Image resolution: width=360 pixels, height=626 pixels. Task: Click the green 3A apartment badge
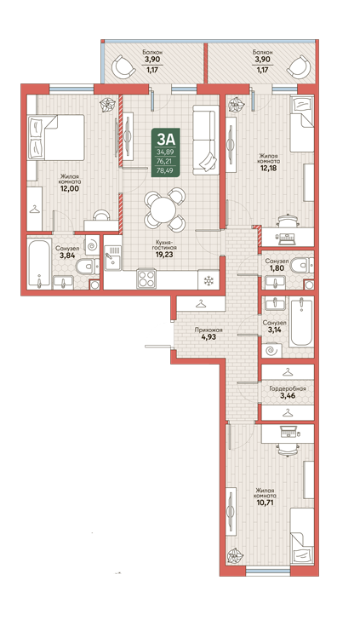[166, 152]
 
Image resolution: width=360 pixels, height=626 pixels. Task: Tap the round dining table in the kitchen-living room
[163, 210]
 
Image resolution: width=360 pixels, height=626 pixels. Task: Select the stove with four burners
[146, 279]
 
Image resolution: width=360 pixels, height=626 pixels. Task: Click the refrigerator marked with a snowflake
[209, 279]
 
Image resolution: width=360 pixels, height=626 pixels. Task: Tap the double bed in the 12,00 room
[55, 137]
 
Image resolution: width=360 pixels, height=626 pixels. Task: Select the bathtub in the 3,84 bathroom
[40, 263]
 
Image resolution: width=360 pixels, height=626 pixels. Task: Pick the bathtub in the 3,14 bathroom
[301, 323]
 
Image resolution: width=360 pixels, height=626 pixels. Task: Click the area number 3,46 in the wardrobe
[288, 396]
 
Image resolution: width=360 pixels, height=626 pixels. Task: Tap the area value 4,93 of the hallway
[209, 336]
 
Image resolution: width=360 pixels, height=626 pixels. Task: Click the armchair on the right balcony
[298, 66]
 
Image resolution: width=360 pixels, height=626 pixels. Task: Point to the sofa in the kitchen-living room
[206, 140]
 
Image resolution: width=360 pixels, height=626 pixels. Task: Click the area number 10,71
[265, 504]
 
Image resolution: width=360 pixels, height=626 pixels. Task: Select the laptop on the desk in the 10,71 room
[289, 432]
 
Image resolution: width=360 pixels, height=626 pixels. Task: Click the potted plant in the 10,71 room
[233, 556]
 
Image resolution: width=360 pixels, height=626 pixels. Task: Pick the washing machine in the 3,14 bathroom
[271, 351]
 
